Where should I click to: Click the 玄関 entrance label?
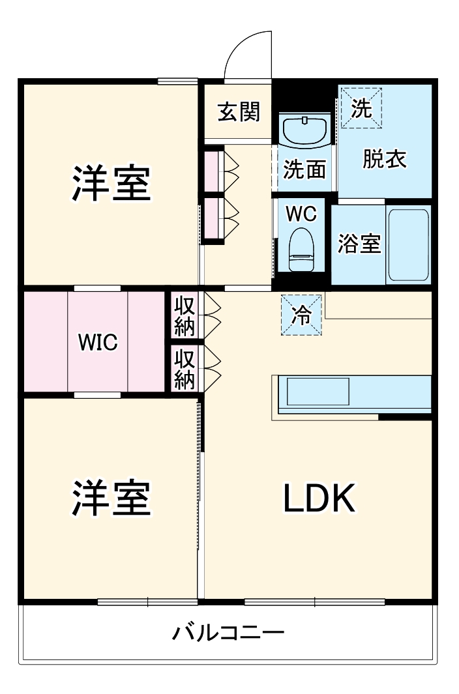tap(239, 113)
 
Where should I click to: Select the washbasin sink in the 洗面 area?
tap(305, 132)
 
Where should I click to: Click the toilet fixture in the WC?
tap(302, 249)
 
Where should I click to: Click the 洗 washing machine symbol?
tap(361, 108)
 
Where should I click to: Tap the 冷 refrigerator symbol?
tap(302, 315)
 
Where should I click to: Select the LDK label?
tap(319, 499)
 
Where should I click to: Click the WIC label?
tap(98, 342)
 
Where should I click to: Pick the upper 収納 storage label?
tap(185, 315)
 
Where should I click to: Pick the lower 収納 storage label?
tap(185, 369)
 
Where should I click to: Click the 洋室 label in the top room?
tap(111, 184)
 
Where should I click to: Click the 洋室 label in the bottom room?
tap(111, 499)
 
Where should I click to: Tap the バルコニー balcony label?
tap(228, 633)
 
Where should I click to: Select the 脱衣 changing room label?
tap(385, 160)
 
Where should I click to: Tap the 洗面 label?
tap(304, 170)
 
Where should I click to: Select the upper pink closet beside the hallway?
tap(212, 171)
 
